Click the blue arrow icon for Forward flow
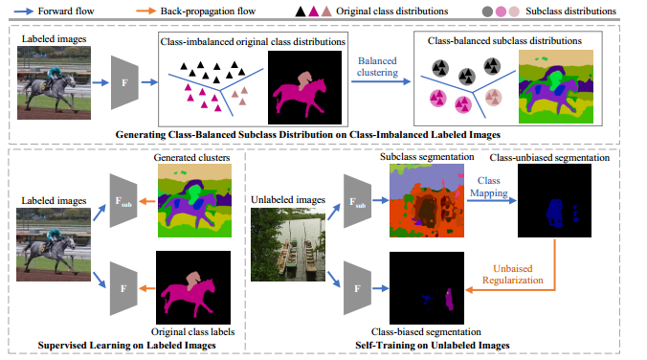coord(21,11)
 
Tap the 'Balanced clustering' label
coord(380,68)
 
